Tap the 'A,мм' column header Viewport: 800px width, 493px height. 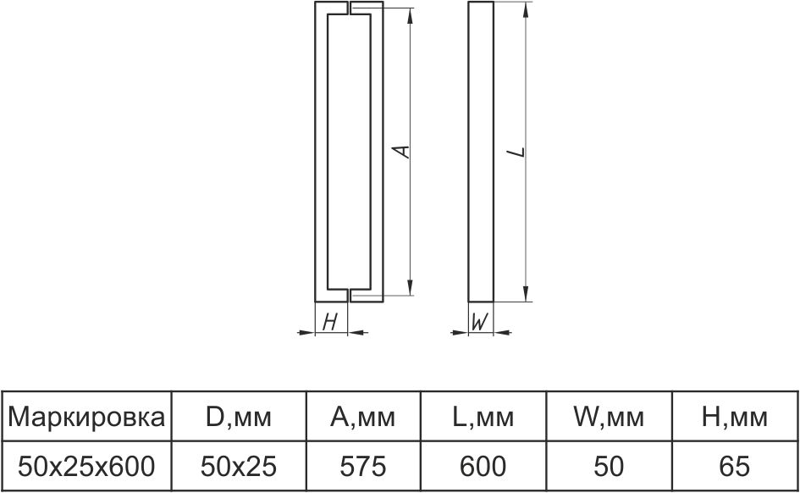pyautogui.click(x=362, y=417)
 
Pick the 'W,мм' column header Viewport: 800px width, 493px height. pyautogui.click(x=610, y=417)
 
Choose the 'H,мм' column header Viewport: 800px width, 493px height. pyautogui.click(x=735, y=417)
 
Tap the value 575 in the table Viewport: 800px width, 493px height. pyautogui.click(x=362, y=465)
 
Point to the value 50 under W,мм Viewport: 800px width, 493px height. pyautogui.click(x=610, y=465)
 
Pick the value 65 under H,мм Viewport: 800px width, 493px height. pyautogui.click(x=735, y=465)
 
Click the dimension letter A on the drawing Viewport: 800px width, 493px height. pyautogui.click(x=404, y=152)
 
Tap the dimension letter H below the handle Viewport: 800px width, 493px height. pyautogui.click(x=331, y=322)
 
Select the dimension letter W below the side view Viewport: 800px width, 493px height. pyautogui.click(x=480, y=322)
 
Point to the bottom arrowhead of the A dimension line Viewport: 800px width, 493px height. pyautogui.click(x=411, y=288)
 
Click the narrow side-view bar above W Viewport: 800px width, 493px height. pyautogui.click(x=480, y=152)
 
